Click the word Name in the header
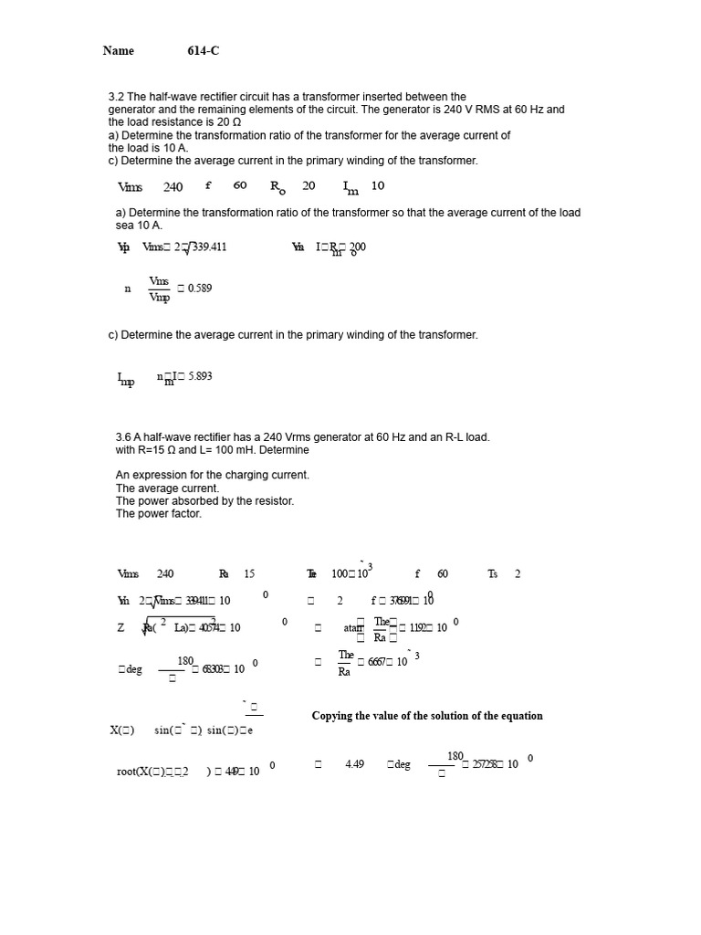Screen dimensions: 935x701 click(x=119, y=51)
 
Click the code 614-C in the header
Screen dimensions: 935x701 click(x=204, y=51)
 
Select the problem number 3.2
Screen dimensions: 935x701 click(x=116, y=97)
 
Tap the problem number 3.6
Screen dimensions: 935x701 click(x=123, y=437)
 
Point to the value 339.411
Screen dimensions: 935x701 click(x=209, y=247)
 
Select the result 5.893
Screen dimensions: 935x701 click(x=200, y=376)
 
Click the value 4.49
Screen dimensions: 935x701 click(x=355, y=764)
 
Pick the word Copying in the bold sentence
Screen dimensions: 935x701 click(x=334, y=716)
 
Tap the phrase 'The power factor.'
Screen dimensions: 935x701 click(x=159, y=514)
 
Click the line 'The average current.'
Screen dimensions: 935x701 click(x=167, y=489)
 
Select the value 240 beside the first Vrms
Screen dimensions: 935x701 click(x=173, y=187)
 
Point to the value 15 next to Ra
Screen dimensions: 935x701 click(x=249, y=574)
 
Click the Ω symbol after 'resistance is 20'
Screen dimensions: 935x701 click(x=236, y=122)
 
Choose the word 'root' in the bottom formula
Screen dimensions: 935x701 click(x=127, y=772)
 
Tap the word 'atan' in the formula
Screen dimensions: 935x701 click(x=353, y=628)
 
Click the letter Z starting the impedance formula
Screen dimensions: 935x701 click(x=121, y=628)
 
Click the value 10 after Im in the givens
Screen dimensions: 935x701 click(x=378, y=186)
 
